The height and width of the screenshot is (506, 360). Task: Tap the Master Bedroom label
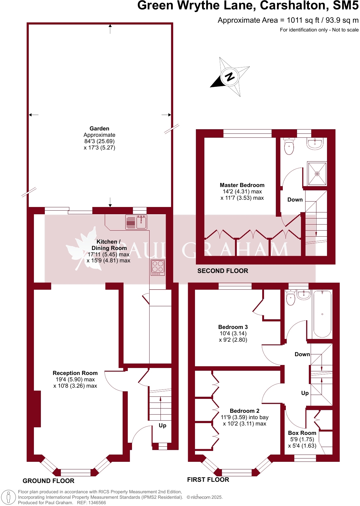[242, 185]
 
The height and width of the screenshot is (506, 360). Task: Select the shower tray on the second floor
[317, 174]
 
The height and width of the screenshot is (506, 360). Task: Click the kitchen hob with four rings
[158, 267]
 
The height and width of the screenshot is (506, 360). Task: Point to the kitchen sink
[141, 222]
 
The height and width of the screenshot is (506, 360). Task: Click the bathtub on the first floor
[322, 314]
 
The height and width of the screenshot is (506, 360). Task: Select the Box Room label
[302, 433]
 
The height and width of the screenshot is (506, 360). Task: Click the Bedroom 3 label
[233, 327]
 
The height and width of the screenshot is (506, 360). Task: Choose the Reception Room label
[75, 373]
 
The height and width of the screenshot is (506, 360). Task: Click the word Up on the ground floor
[163, 425]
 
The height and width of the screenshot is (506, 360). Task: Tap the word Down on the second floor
[295, 200]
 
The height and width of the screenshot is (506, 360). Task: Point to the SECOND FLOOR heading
[223, 271]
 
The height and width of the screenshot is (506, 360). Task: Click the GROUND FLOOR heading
[48, 481]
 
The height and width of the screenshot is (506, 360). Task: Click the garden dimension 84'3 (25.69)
[99, 141]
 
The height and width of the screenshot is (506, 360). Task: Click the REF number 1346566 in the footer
[96, 503]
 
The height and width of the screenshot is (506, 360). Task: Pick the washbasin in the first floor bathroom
[304, 294]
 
